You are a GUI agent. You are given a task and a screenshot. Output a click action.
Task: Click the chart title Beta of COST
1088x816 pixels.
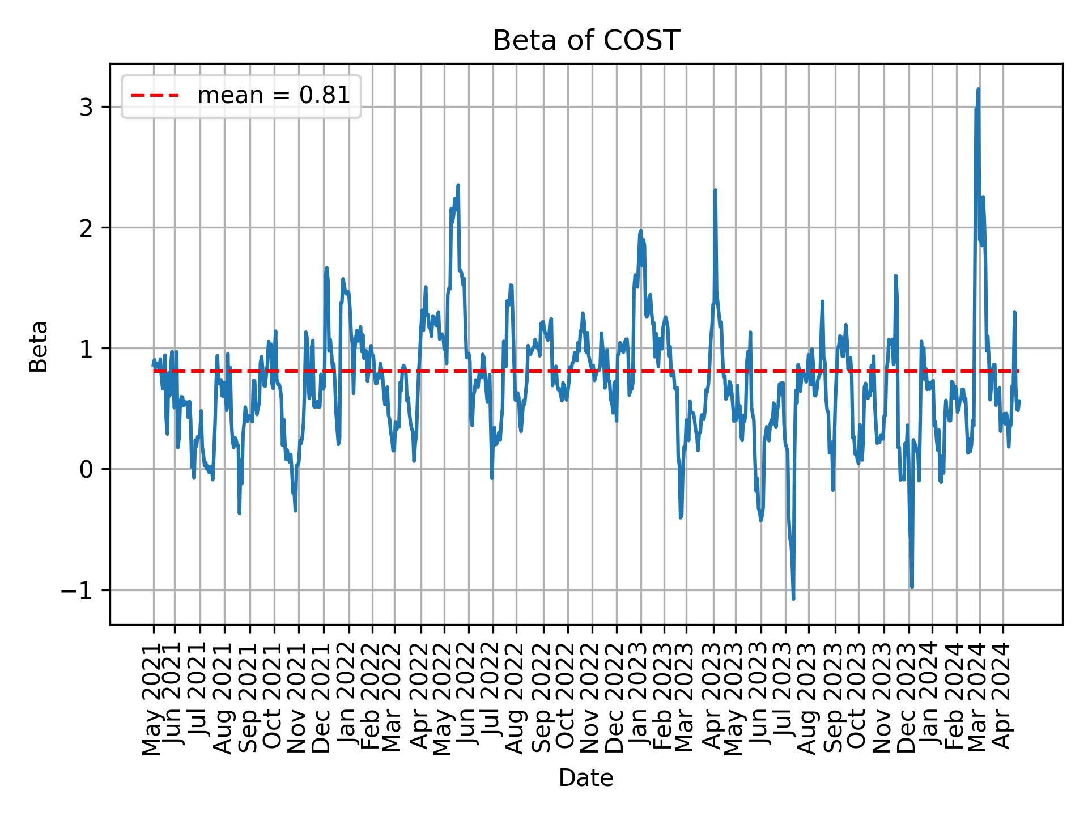[586, 41]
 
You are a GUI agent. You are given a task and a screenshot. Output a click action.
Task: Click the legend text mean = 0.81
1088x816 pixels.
[273, 96]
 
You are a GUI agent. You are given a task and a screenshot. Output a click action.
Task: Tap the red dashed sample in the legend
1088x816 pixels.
[155, 96]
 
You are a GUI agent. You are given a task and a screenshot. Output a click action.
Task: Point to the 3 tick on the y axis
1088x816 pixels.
[87, 107]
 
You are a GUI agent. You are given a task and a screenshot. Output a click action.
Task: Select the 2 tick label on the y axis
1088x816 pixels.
[87, 228]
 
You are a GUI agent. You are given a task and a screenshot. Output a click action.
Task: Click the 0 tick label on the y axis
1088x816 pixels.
[87, 469]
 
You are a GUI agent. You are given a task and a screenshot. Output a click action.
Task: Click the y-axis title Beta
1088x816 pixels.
[39, 346]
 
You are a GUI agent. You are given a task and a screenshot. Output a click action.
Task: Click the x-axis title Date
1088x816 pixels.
[586, 778]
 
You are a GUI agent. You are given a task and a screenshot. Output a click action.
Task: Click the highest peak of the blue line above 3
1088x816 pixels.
[978, 90]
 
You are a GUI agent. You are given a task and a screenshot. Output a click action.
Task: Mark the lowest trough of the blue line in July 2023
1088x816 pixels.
[793, 598]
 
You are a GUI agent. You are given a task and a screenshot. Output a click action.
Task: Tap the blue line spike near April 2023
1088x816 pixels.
[715, 190]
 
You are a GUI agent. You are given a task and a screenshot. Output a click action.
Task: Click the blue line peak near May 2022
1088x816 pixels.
[458, 185]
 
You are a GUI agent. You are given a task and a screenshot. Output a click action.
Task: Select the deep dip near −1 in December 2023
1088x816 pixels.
[912, 586]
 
